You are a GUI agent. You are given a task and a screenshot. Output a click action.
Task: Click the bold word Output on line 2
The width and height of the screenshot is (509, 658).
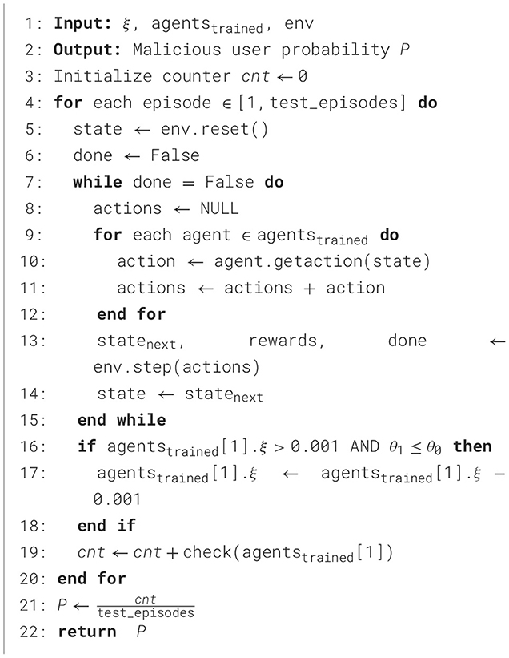pyautogui.click(x=82, y=50)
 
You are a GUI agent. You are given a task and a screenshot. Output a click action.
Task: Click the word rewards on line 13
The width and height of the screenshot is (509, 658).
pyautogui.click(x=283, y=340)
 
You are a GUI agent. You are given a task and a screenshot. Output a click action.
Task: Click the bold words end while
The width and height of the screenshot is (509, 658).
pyautogui.click(x=122, y=419)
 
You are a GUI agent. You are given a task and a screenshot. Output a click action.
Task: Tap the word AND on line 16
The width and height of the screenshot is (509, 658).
pyautogui.click(x=366, y=446)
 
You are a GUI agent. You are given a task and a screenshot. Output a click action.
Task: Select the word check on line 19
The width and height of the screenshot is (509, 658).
pyautogui.click(x=234, y=551)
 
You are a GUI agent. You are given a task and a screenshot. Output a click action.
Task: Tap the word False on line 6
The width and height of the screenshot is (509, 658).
pyautogui.click(x=175, y=155)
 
